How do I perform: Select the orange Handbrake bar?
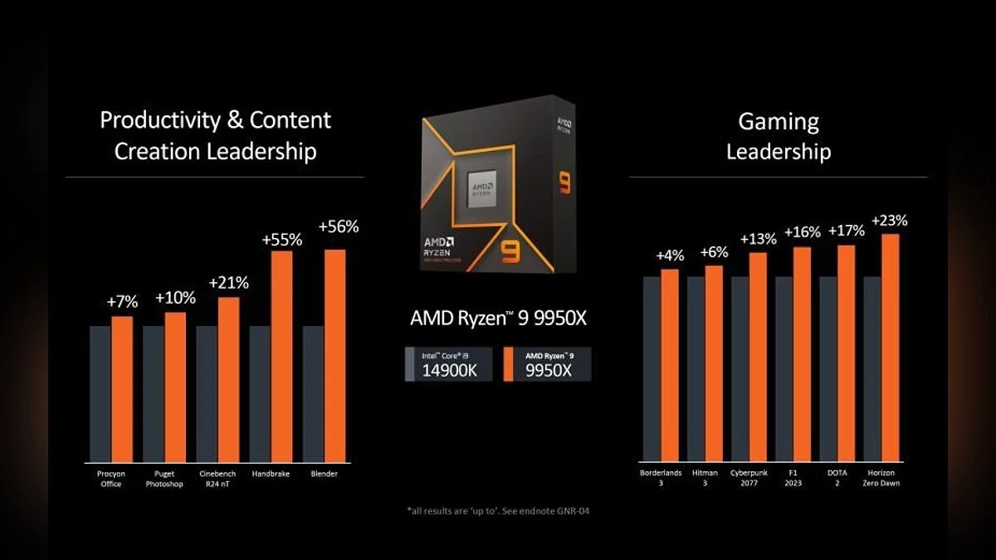pyautogui.click(x=281, y=356)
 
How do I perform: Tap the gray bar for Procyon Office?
pyautogui.click(x=100, y=393)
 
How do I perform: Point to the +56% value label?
pyautogui.click(x=339, y=226)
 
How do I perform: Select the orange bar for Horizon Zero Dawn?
pyautogui.click(x=890, y=348)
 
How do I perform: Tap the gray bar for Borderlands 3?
pyautogui.click(x=651, y=369)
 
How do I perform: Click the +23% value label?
pyautogui.click(x=889, y=221)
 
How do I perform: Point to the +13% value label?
pyautogui.click(x=757, y=239)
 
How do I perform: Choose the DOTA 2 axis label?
pyautogui.click(x=836, y=478)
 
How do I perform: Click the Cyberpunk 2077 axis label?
pyautogui.click(x=749, y=478)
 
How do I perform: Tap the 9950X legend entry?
pyautogui.click(x=548, y=364)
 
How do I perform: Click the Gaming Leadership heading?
pyautogui.click(x=778, y=136)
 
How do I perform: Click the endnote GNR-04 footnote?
pyautogui.click(x=498, y=511)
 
